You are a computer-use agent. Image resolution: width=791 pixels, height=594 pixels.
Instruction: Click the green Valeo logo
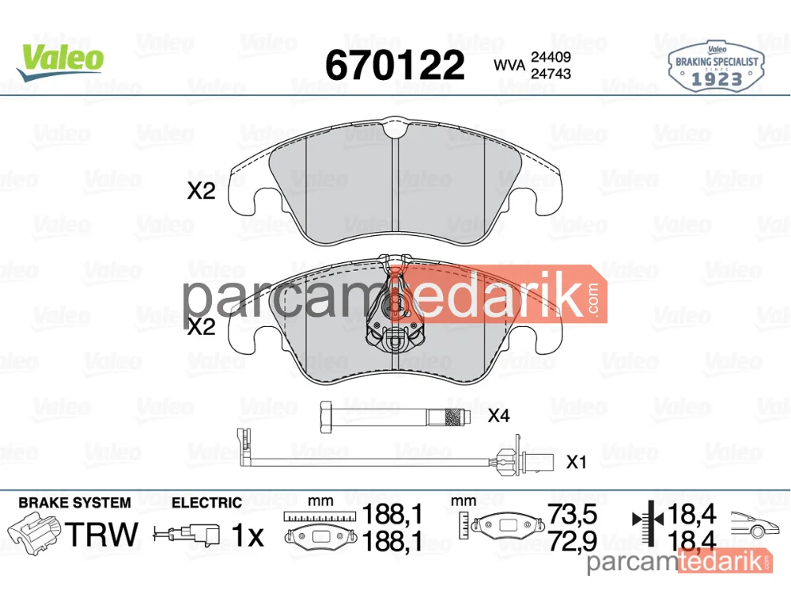coord(61,62)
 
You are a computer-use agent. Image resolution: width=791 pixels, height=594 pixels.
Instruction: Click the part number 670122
coord(395,65)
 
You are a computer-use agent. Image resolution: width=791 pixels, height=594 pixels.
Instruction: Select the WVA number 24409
coord(551,56)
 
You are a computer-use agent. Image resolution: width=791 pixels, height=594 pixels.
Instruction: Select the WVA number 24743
coord(551,74)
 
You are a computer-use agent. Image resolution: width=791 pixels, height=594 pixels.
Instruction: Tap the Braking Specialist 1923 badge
coord(717,67)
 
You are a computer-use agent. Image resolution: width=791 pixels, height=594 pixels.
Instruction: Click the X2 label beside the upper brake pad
coord(201,191)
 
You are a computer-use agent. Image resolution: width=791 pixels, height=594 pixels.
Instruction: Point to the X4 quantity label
coord(498,416)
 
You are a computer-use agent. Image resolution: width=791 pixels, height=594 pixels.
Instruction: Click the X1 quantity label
coord(576,462)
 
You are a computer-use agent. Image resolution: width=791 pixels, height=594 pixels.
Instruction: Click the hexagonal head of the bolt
coord(326,417)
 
